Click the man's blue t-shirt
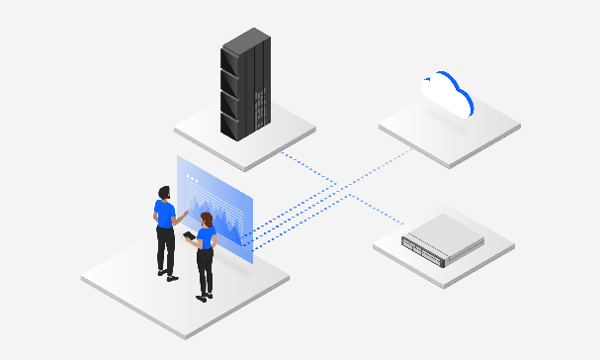click(165, 214)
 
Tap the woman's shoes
click(204, 296)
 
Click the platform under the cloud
click(450, 129)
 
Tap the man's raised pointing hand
click(185, 211)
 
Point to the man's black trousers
click(165, 250)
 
